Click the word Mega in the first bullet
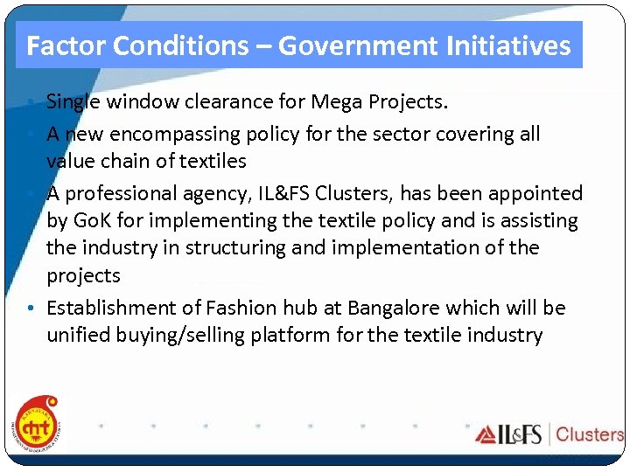pyautogui.click(x=349, y=102)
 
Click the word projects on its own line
pyautogui.click(x=83, y=275)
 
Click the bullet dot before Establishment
pyautogui.click(x=30, y=309)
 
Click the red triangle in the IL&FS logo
pyautogui.click(x=486, y=434)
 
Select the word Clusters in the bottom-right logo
pyautogui.click(x=589, y=434)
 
